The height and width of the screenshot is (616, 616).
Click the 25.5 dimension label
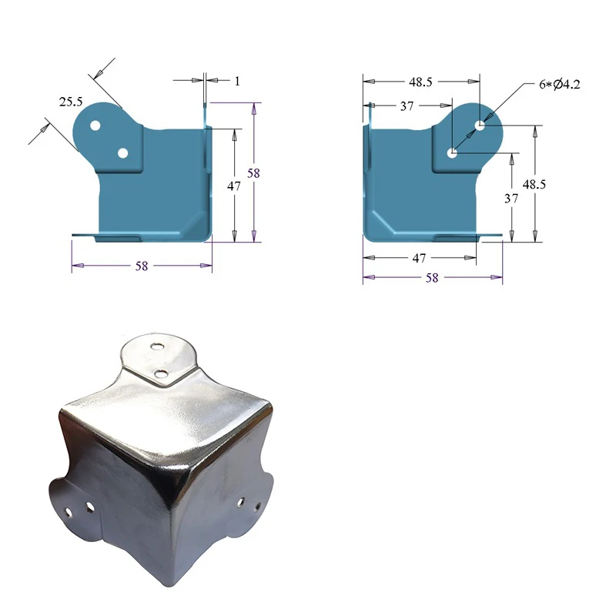click(71, 101)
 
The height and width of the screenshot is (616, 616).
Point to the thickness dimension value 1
click(237, 80)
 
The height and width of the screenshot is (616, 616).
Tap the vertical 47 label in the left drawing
click(234, 186)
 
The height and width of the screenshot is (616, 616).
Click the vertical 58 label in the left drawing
click(254, 173)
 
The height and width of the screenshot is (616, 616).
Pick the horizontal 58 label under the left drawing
click(142, 266)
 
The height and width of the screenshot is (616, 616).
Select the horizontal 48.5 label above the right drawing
click(421, 81)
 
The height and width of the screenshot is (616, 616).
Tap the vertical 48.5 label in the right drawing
click(534, 184)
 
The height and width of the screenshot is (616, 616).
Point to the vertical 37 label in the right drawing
click(512, 198)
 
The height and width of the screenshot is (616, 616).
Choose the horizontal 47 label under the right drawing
click(419, 259)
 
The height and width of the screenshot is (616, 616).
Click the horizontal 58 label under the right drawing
click(432, 278)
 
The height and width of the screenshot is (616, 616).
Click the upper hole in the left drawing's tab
click(95, 125)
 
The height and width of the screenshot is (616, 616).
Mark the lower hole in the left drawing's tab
click(122, 153)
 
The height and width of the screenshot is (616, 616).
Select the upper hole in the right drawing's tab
click(480, 125)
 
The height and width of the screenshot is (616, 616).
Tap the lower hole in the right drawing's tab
click(453, 153)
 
